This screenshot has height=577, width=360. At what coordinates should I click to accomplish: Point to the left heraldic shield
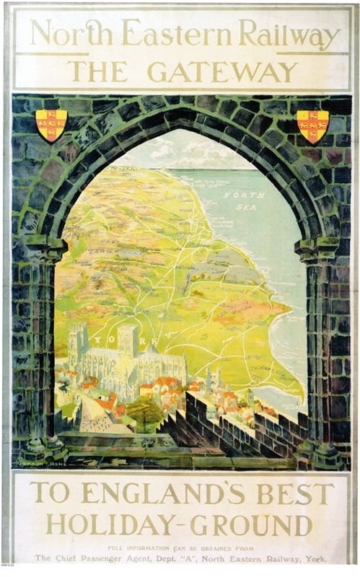click(51, 125)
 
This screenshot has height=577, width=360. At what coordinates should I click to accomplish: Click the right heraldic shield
click(312, 125)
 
